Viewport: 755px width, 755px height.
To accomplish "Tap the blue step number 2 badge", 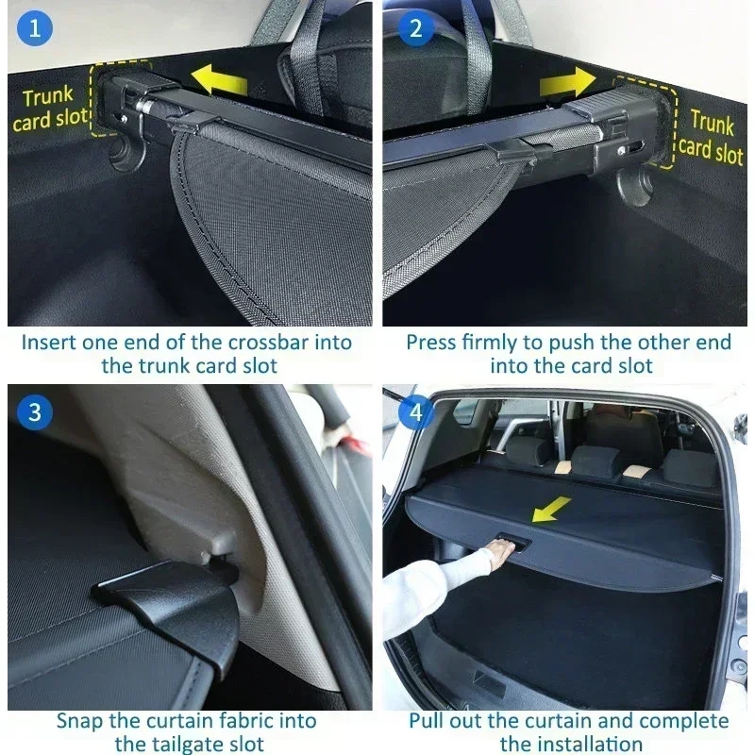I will click(415, 28).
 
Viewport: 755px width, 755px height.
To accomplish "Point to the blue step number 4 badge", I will click(415, 411).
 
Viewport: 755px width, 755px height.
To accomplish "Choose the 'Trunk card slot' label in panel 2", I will click(711, 135).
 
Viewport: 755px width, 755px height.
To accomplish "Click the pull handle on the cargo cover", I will click(511, 545).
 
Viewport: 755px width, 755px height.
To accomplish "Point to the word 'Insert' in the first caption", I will click(50, 342).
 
